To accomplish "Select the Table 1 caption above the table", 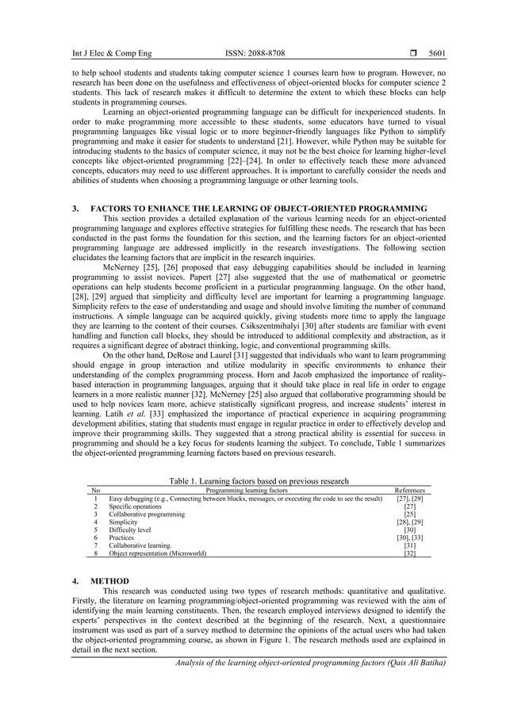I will [x=259, y=480].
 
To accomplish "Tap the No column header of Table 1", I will [x=95, y=490].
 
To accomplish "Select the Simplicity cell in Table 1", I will [x=124, y=522].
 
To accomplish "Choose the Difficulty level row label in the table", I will [x=129, y=530].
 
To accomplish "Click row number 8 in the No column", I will [x=95, y=554].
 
